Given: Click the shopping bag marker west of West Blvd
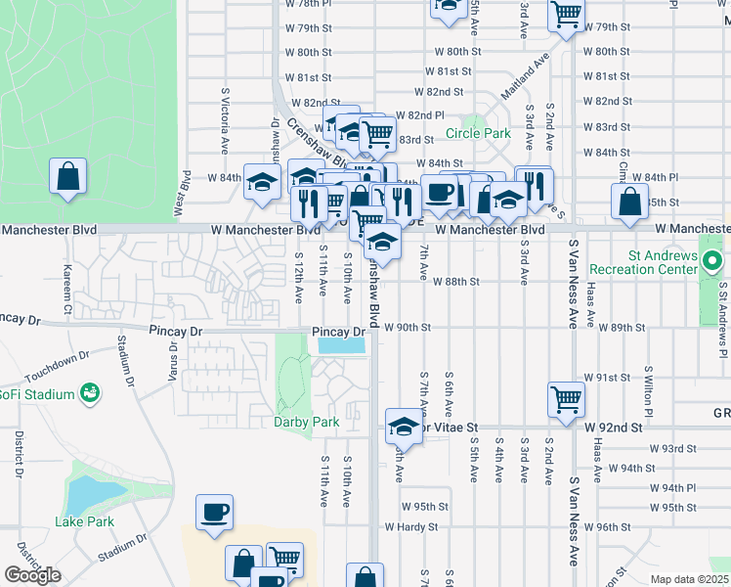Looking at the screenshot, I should (68, 177).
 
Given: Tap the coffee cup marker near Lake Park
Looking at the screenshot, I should (214, 513).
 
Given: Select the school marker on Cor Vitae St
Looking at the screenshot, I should (403, 427).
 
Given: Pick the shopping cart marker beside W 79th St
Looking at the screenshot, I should (566, 15).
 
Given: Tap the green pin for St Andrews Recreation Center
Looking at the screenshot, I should (713, 262).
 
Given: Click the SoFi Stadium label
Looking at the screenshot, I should (37, 394).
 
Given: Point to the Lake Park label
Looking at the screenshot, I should (84, 521).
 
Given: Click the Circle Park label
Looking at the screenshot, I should (478, 133).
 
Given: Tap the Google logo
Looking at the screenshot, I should (32, 574).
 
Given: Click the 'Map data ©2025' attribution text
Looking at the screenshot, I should (689, 579).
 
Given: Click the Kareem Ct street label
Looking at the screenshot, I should (67, 281).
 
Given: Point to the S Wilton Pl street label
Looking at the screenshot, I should (648, 388).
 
